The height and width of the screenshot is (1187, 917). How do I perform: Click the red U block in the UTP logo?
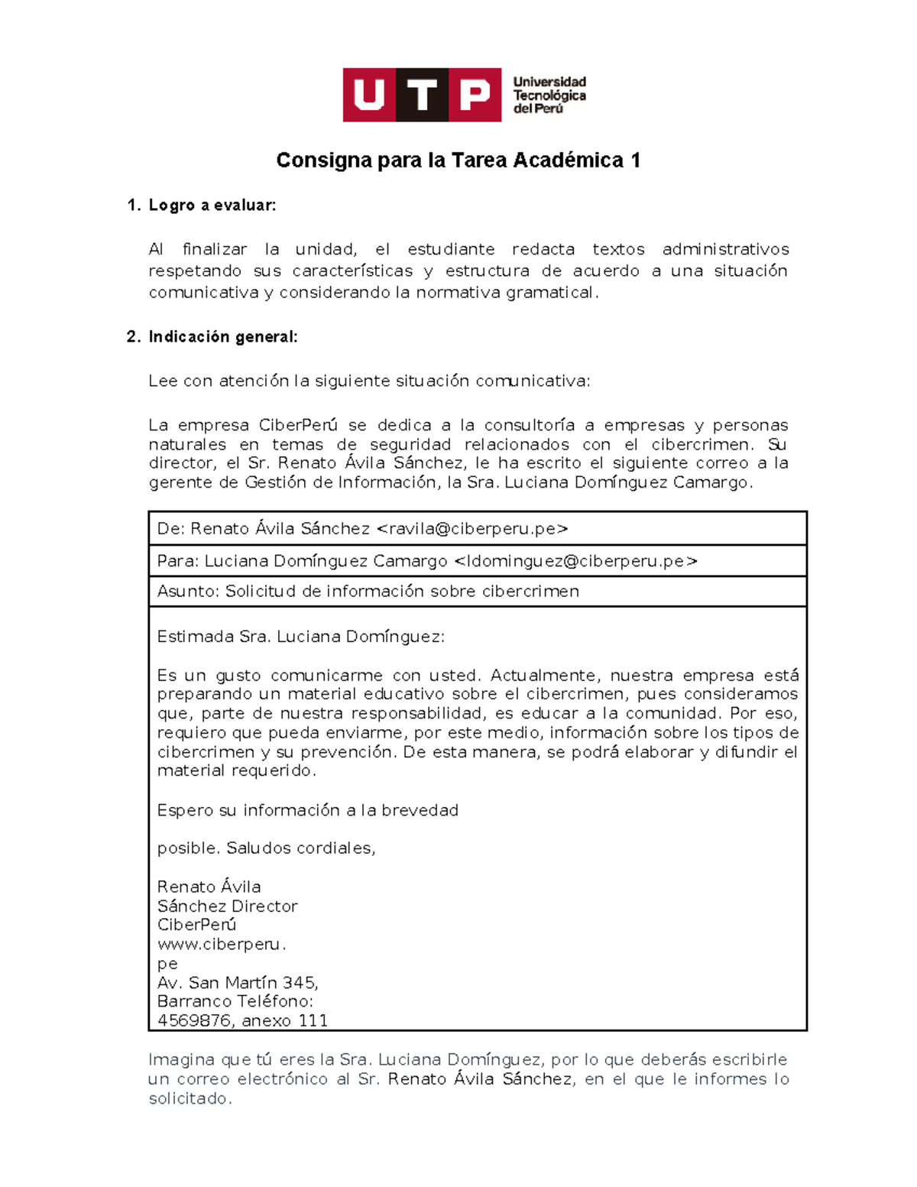click(x=369, y=96)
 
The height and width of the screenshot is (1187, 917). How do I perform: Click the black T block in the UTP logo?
click(x=422, y=96)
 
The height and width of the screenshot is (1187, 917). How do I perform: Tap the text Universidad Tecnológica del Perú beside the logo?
click(x=549, y=96)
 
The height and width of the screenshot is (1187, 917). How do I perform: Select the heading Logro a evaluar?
click(x=212, y=206)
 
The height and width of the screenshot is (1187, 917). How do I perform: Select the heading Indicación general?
click(x=222, y=337)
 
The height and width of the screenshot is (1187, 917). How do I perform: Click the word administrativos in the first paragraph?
click(x=724, y=249)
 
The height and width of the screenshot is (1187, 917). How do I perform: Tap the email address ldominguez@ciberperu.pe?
click(x=575, y=561)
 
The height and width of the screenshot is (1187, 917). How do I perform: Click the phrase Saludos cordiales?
click(x=300, y=848)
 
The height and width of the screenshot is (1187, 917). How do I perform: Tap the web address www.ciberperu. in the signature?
click(x=221, y=945)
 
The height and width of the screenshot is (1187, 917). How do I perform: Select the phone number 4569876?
click(x=194, y=1021)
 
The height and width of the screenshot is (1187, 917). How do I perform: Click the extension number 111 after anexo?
click(x=313, y=1021)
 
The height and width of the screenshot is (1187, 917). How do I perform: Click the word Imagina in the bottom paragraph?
click(x=181, y=1060)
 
